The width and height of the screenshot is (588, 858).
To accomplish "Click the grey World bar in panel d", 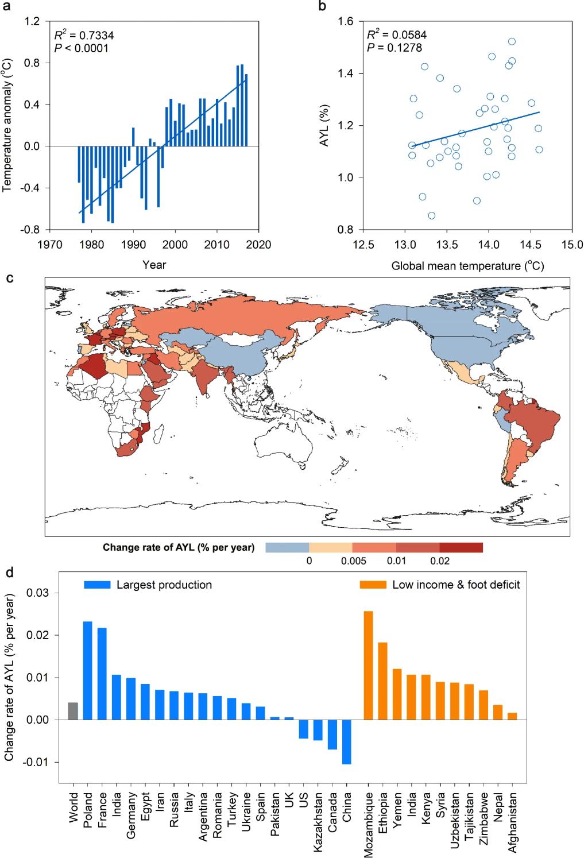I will tap(73, 711).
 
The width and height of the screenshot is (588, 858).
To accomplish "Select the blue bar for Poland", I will tap(87, 670).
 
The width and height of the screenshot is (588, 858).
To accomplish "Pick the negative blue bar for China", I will tap(347, 741).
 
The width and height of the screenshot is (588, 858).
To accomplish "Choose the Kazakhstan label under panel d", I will tap(318, 820).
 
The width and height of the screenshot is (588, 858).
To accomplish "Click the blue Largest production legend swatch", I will tap(97, 585).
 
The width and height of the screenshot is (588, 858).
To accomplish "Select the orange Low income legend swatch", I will tap(373, 585).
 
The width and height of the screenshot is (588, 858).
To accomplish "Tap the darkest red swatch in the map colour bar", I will tap(461, 547).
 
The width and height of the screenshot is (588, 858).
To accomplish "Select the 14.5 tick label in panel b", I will tap(530, 245).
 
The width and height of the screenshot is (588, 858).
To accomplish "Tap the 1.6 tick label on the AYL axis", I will tap(345, 22).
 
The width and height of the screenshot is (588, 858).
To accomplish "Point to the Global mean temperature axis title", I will tap(467, 266).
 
